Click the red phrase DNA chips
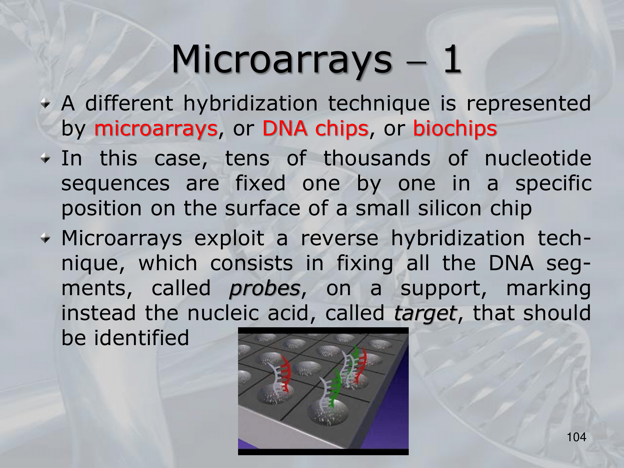coord(315,129)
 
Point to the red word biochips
coord(455,129)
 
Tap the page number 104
coord(576,437)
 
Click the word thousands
coord(377,158)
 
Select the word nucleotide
coord(538,158)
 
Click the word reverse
coord(340,239)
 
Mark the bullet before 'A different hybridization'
coord(46,105)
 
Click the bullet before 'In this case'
coord(46,159)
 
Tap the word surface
coord(262,208)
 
